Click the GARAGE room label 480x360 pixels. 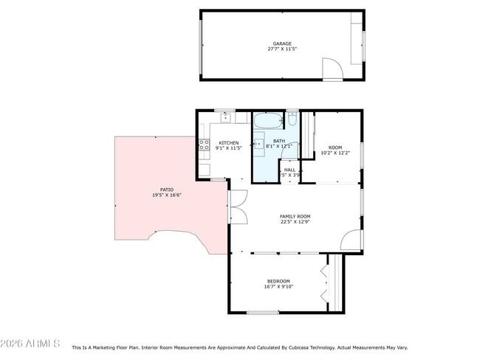(282, 44)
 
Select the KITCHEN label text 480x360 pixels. (228, 142)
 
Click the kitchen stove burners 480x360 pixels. (203, 145)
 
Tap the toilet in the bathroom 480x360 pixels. (292, 117)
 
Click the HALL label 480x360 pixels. (291, 170)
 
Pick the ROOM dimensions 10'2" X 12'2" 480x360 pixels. (335, 153)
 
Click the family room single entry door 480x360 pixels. (352, 240)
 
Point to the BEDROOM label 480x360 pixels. (278, 280)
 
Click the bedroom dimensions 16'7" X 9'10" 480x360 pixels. (278, 286)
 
